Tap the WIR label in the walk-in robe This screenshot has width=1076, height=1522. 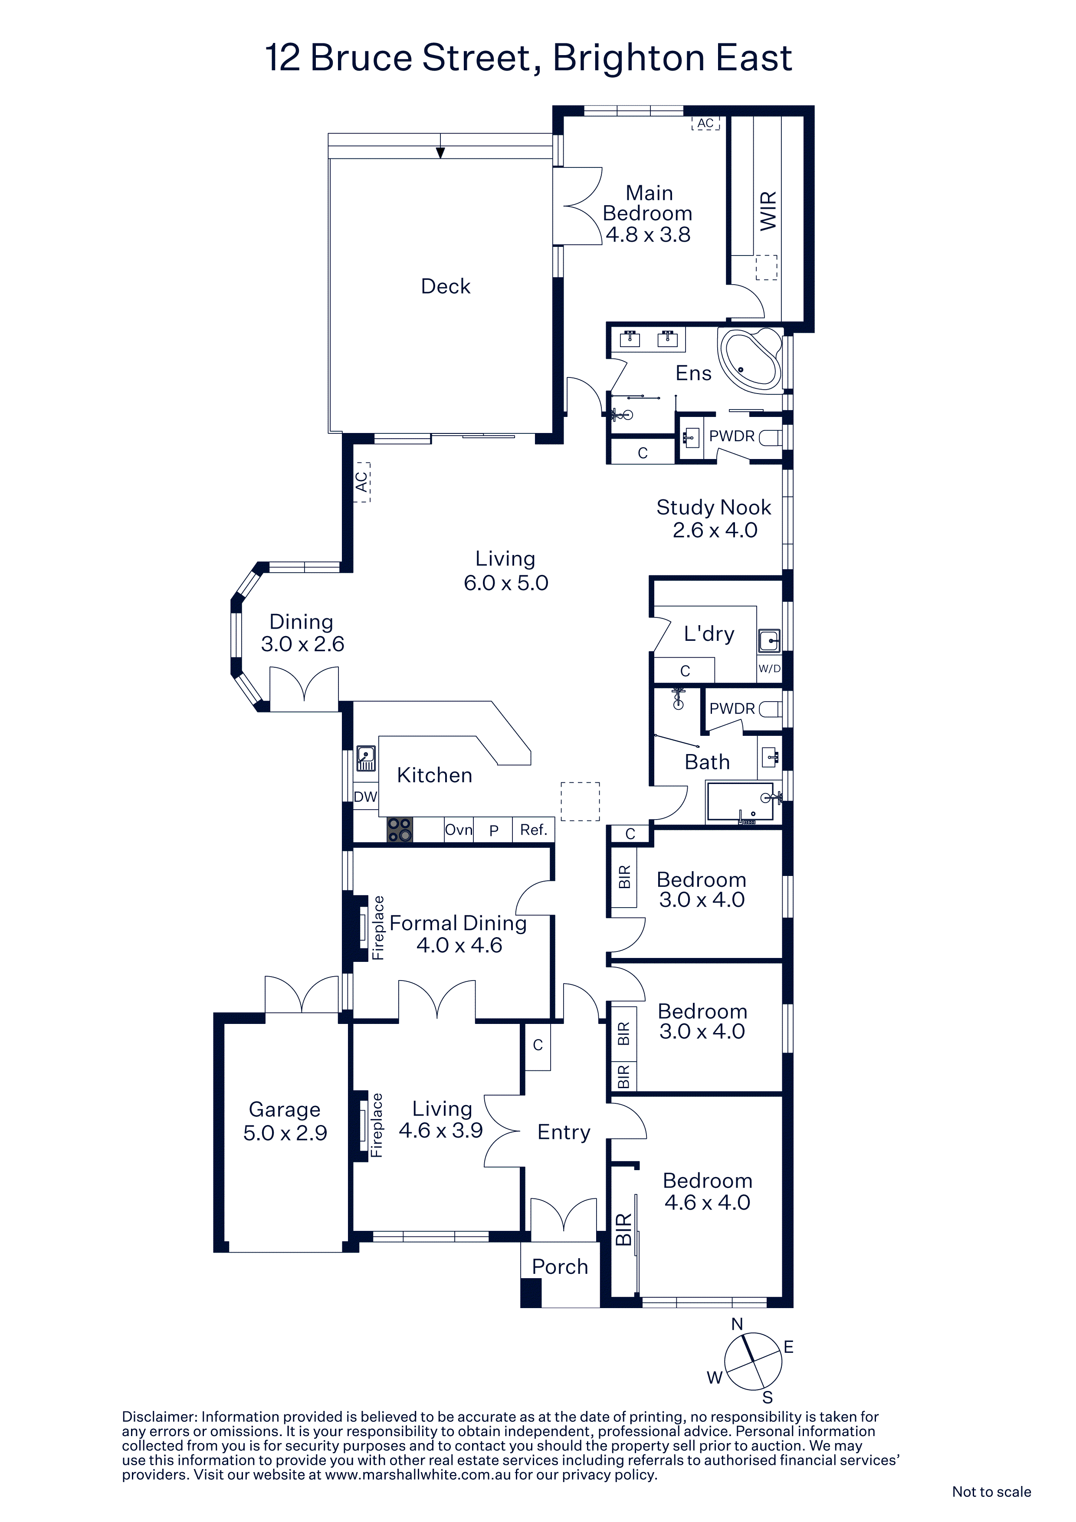click(x=768, y=211)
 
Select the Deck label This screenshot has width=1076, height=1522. click(x=446, y=286)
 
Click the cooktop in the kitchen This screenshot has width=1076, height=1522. click(x=400, y=829)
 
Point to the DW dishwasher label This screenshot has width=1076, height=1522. click(x=365, y=797)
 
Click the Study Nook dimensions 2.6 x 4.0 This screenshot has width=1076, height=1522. click(x=715, y=530)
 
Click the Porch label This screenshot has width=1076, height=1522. click(x=560, y=1267)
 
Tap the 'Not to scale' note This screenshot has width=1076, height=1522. click(x=991, y=1492)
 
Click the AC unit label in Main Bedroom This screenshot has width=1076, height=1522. click(x=705, y=123)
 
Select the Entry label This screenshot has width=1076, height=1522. click(x=564, y=1132)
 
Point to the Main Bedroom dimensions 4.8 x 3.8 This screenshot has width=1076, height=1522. click(x=648, y=235)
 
